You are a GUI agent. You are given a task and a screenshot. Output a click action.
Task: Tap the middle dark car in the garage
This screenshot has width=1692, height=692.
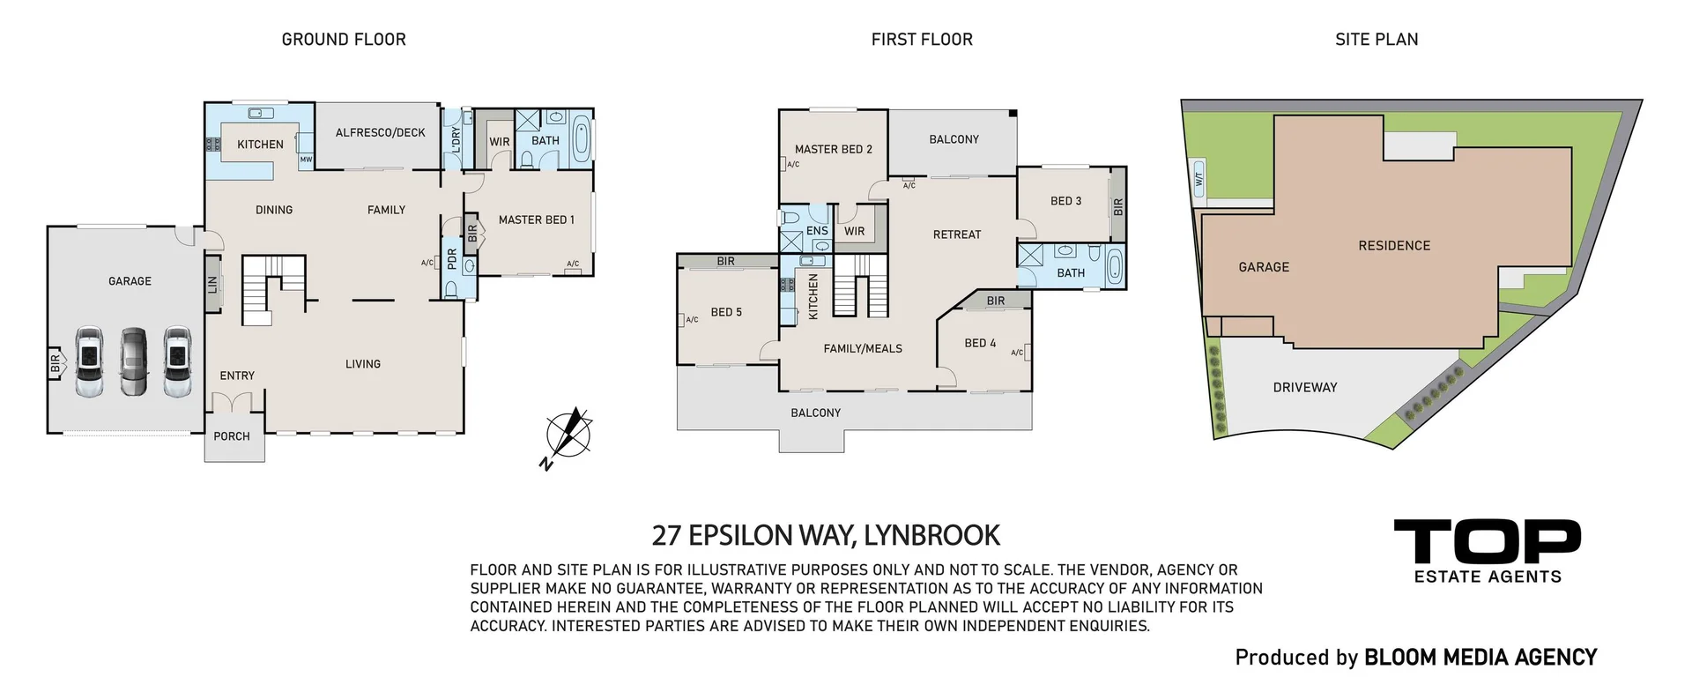(134, 362)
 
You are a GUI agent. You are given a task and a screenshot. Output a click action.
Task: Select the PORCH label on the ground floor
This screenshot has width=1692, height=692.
(232, 436)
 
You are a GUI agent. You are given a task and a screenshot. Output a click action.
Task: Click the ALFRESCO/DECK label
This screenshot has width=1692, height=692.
(380, 133)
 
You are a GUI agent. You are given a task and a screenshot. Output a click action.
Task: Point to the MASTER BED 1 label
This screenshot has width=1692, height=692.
(536, 220)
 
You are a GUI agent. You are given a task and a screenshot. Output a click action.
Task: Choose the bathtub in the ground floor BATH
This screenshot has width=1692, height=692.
(583, 140)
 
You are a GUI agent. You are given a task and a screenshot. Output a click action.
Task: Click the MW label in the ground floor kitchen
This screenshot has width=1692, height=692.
(306, 160)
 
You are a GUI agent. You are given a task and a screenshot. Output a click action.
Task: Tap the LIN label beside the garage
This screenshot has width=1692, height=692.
(212, 285)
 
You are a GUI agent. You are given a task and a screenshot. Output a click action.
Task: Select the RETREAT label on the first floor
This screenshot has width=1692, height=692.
(957, 235)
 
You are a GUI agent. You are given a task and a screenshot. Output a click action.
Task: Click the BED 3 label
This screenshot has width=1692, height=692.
(1065, 201)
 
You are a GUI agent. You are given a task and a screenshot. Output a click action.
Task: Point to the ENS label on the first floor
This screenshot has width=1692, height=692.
(817, 232)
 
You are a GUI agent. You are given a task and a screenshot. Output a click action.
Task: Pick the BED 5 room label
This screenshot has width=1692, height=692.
(726, 312)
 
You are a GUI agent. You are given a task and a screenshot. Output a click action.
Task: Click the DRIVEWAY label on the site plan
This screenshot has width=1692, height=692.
(1305, 388)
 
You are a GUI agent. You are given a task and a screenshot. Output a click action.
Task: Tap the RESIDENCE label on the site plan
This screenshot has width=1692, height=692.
(1394, 246)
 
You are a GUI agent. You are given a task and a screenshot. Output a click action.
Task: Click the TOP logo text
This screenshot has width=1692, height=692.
(1487, 541)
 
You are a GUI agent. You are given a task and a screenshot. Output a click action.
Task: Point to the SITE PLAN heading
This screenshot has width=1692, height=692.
(1377, 40)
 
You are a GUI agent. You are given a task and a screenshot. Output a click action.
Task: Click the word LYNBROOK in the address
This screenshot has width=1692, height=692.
(932, 536)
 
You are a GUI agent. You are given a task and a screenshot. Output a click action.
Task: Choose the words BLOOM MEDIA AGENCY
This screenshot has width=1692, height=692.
(1480, 658)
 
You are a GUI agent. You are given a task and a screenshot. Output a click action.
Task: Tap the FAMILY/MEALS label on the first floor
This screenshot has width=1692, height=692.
(863, 349)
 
